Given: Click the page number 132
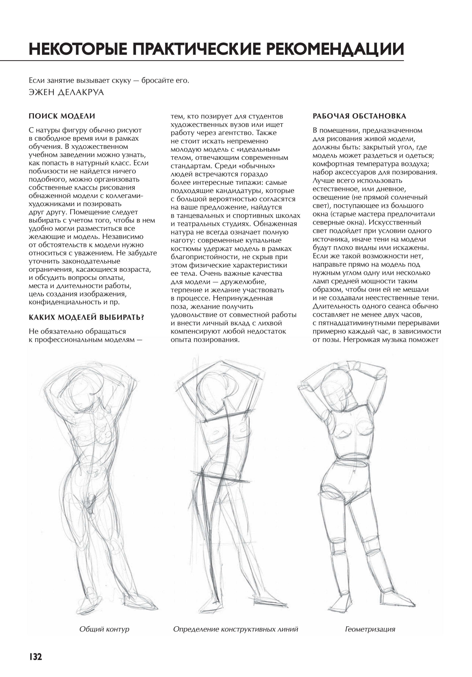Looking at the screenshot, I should pos(35,657).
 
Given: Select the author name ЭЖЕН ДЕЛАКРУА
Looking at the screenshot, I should pos(66,92).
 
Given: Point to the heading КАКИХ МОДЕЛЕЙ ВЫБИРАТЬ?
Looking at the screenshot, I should pos(86,317).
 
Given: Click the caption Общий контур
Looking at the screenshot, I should pos(104,629).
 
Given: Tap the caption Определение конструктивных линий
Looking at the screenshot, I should pos(235,629).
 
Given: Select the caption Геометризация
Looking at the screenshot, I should pos(370,629).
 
